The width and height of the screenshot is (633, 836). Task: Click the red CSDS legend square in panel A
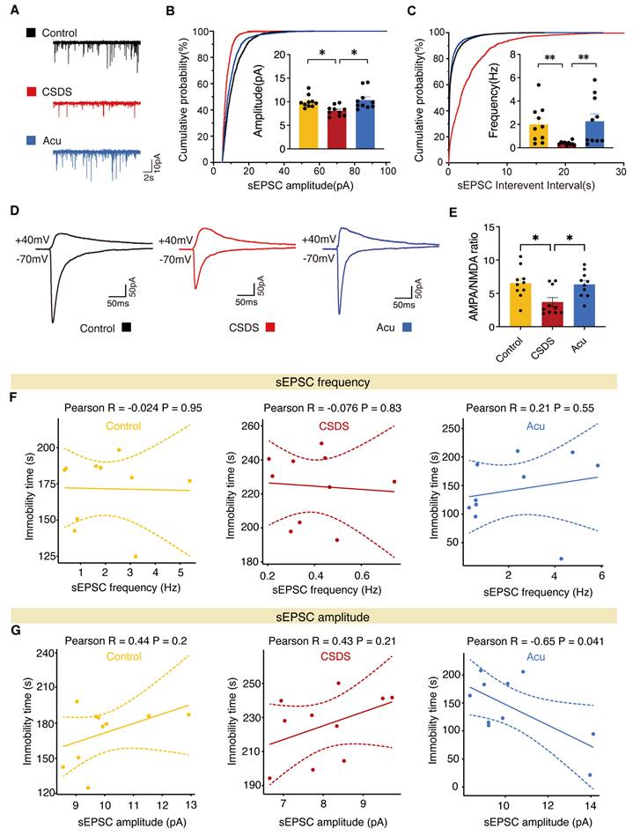click(x=32, y=91)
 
